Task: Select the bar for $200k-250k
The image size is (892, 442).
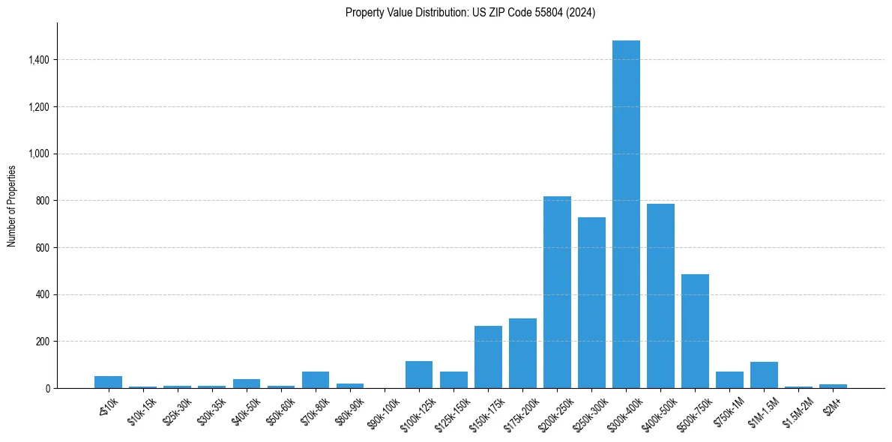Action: point(557,292)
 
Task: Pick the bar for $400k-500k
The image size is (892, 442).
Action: point(660,296)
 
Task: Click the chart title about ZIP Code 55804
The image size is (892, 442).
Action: point(470,13)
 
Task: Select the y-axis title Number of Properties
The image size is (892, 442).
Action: point(12,205)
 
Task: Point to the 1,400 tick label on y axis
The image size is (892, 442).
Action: point(38,60)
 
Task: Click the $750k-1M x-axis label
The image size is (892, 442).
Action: point(726,408)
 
